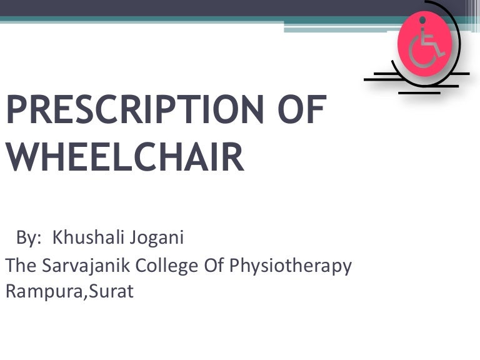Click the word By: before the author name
[x=29, y=238]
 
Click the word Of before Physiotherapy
[x=214, y=266]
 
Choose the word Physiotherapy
[x=291, y=267]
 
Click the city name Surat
[x=112, y=291]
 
